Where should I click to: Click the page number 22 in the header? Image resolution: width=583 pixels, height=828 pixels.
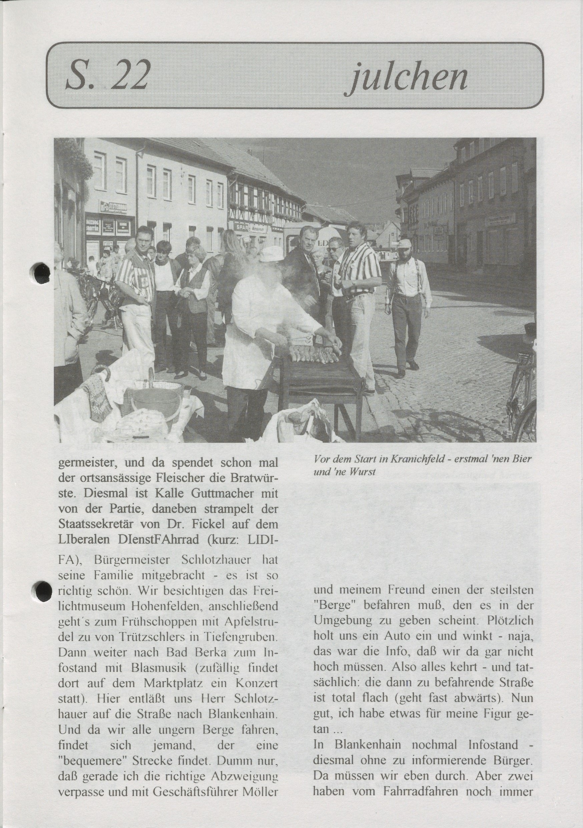tap(128, 76)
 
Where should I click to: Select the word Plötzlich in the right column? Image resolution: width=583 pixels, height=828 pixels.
tap(509, 620)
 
